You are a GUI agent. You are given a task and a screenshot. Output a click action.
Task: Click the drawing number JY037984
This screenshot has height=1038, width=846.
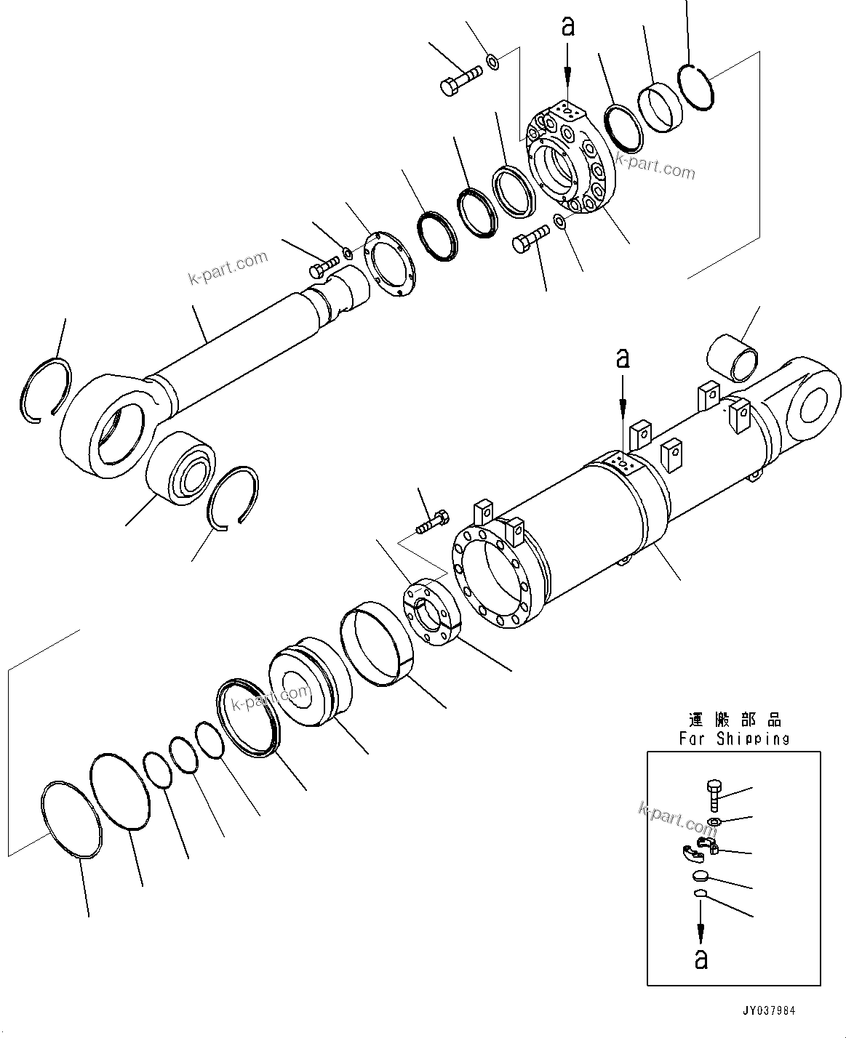[x=768, y=1010]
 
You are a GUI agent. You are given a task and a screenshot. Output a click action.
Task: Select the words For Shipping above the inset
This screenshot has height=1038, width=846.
[x=734, y=739]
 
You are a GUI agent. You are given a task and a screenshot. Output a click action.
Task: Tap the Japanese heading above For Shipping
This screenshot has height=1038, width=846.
[x=735, y=720]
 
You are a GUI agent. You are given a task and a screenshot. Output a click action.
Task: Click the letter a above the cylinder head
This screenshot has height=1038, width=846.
[x=568, y=27]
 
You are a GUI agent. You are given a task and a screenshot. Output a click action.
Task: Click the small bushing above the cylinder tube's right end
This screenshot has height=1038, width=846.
[x=733, y=357]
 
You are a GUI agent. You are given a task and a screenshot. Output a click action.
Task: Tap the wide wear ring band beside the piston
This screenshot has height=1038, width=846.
[x=378, y=647]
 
